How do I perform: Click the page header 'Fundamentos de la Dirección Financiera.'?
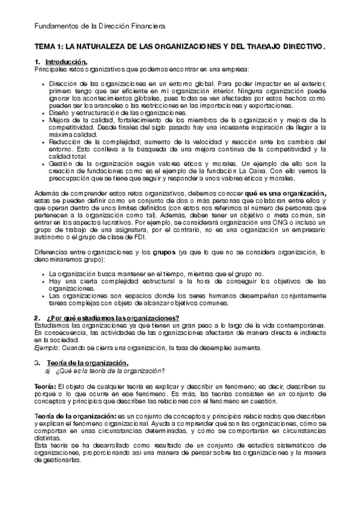100,26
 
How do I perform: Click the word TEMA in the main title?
45,46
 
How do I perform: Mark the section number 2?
37,318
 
